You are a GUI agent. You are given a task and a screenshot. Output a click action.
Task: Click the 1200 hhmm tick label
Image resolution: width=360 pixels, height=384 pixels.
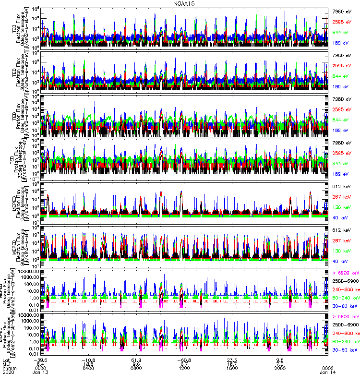pos(185,369)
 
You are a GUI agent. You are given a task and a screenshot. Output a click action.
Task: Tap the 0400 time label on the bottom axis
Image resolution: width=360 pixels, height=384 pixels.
pos(88,369)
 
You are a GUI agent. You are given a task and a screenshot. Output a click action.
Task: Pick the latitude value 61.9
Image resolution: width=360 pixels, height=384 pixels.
pos(137,360)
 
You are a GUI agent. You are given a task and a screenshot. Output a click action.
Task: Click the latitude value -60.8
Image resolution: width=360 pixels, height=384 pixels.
pos(185,360)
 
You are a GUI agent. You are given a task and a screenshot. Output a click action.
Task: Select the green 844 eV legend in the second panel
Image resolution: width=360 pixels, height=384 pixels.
pos(341,76)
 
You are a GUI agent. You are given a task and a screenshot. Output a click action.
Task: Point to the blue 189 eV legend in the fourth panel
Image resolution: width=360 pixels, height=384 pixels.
pos(341,174)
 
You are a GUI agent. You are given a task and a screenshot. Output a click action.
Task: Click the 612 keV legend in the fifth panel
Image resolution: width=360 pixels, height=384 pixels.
pos(341,186)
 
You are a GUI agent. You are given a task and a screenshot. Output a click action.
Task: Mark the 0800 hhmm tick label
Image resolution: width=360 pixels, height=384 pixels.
pos(137,369)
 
